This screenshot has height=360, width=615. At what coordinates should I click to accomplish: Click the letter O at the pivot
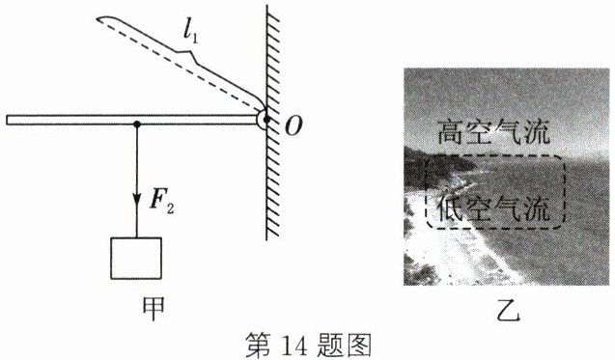294,126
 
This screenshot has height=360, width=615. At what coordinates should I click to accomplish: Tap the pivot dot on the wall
266,120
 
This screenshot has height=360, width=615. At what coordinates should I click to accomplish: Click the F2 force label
161,202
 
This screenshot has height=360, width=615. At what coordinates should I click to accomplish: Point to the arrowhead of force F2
136,200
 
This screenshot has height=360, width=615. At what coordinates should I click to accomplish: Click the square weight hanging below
136,259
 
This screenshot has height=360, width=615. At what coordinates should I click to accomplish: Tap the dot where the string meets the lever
136,125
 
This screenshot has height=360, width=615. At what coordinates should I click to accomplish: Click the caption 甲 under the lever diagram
153,309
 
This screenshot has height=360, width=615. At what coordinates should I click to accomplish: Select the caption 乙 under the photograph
508,310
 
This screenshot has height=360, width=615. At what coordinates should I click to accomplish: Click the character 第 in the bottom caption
259,346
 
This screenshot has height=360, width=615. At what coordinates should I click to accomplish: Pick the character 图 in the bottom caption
358,346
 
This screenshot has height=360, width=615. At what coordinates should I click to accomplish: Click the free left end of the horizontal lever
7,120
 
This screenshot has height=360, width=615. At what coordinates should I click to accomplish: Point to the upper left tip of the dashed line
98,19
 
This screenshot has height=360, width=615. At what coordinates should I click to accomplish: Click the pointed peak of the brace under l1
192,52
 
